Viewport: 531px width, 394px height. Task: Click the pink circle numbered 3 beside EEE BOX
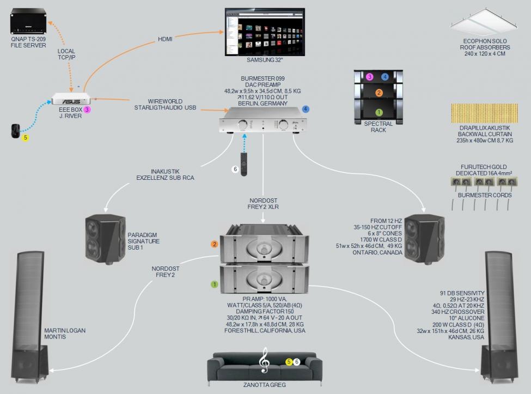[87, 110]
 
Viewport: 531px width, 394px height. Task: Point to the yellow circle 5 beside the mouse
[25, 138]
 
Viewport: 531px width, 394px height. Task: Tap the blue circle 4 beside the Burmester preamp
[306, 109]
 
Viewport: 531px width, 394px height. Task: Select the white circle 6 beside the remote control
[235, 169]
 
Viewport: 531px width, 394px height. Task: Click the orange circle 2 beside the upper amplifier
[215, 244]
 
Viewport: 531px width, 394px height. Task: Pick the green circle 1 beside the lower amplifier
[215, 284]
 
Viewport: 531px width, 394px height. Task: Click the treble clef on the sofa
[265, 361]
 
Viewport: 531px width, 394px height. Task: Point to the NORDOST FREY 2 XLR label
[263, 203]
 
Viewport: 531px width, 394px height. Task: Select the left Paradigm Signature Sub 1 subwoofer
[102, 239]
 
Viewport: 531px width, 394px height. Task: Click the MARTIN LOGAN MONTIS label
[65, 334]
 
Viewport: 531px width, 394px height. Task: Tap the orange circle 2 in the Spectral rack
[379, 93]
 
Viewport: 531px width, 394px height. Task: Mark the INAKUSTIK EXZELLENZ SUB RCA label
[165, 174]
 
